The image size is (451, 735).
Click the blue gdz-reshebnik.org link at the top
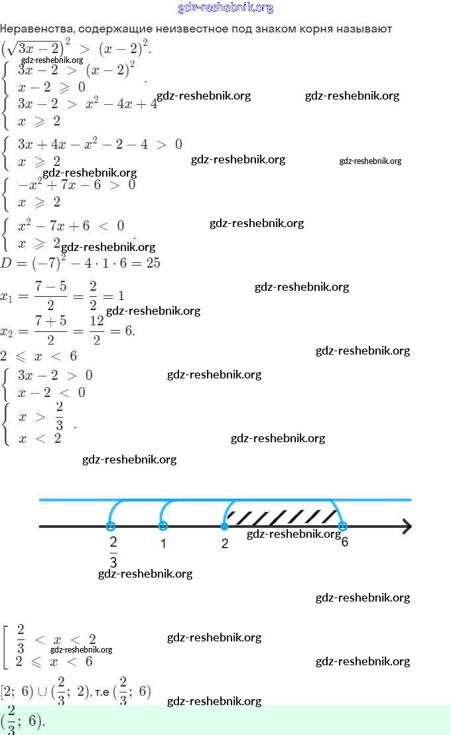pyautogui.click(x=225, y=8)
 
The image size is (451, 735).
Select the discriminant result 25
pyautogui.click(x=153, y=263)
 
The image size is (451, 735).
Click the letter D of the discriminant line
pyautogui.click(x=6, y=264)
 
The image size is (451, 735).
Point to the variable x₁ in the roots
pyautogui.click(x=7, y=296)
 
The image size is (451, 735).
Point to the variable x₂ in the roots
pyautogui.click(x=7, y=331)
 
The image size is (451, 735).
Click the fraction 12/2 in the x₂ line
pyautogui.click(x=97, y=330)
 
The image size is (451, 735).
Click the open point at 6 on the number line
pyautogui.click(x=342, y=526)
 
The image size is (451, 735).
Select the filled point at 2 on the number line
pyautogui.click(x=224, y=526)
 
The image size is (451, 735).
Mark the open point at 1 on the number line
pyautogui.click(x=163, y=526)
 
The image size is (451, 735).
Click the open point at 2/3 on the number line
pyautogui.click(x=111, y=526)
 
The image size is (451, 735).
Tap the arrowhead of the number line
pyautogui.click(x=406, y=527)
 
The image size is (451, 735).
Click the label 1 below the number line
pyautogui.click(x=163, y=544)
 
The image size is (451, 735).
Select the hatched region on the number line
pyautogui.click(x=282, y=514)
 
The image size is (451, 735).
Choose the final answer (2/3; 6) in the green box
pyautogui.click(x=24, y=721)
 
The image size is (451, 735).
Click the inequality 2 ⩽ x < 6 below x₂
pyautogui.click(x=38, y=357)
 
